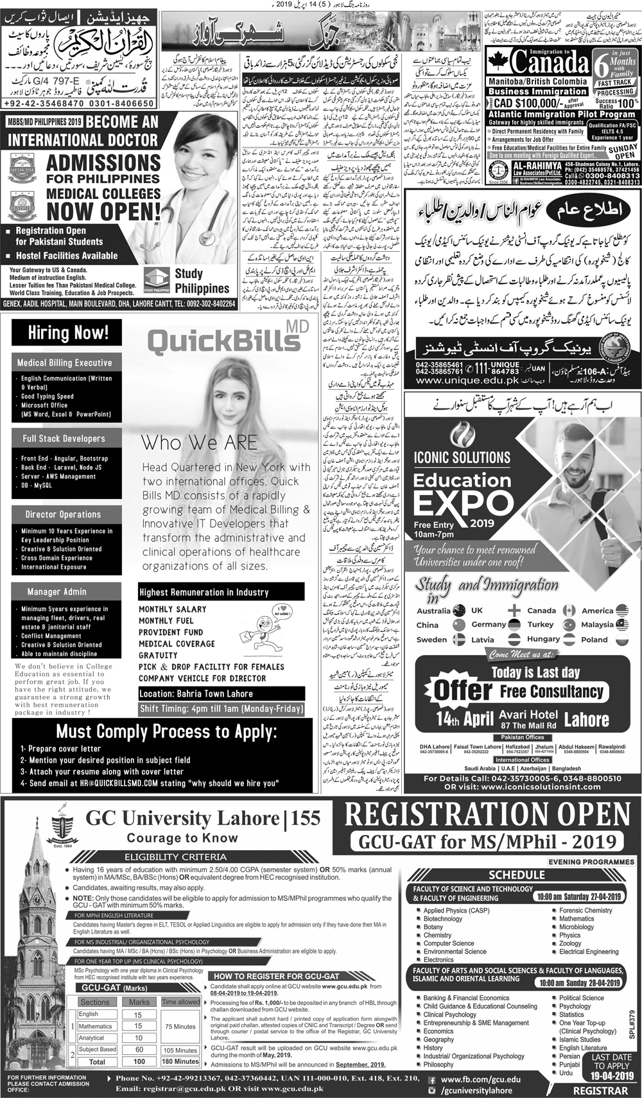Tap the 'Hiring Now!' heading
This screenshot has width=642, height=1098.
(68, 333)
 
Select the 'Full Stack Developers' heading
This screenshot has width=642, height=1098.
(64, 439)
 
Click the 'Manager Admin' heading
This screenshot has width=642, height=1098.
(56, 591)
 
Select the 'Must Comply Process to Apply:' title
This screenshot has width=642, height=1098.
(166, 732)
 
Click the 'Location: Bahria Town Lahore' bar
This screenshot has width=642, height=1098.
(196, 693)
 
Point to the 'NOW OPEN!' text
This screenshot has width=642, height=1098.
(104, 211)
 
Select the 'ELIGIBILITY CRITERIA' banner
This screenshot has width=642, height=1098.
(176, 857)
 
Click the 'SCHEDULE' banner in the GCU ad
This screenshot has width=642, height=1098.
(517, 875)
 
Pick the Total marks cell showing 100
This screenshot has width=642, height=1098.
(139, 1061)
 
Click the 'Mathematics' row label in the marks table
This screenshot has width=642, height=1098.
(95, 1026)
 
